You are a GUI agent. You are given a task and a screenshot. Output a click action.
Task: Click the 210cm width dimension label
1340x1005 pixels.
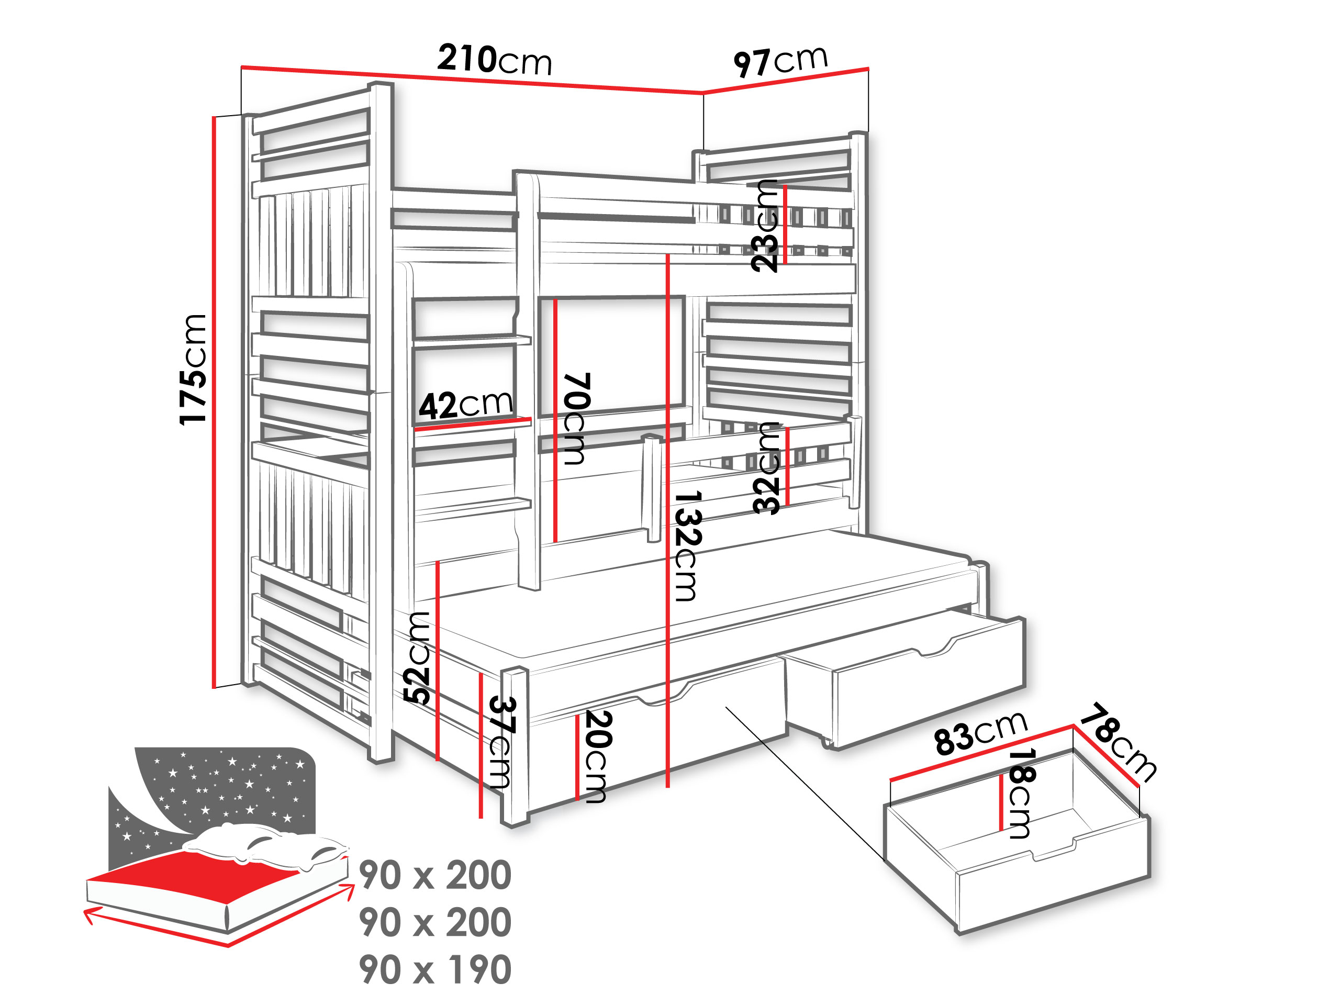[x=494, y=60]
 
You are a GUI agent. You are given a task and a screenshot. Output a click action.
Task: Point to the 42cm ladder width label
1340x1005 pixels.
[x=465, y=405]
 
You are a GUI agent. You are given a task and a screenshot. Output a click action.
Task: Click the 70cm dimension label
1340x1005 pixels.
[x=575, y=419]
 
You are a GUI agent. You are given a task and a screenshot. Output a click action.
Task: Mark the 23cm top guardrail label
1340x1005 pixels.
[x=765, y=226]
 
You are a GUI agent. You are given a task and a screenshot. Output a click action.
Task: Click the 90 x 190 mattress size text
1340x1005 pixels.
[x=435, y=970]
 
